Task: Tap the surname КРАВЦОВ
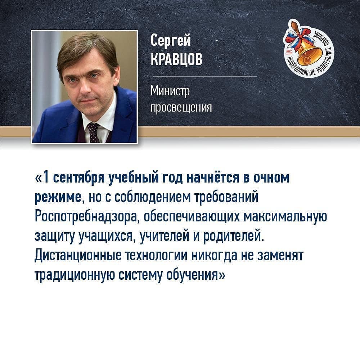click(x=176, y=59)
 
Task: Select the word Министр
click(x=170, y=91)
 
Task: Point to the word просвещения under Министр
click(x=181, y=107)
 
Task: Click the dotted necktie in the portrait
click(x=94, y=132)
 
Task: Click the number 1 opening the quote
click(x=46, y=177)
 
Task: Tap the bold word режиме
click(x=58, y=198)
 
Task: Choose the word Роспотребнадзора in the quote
click(x=87, y=217)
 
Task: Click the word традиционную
click(x=75, y=275)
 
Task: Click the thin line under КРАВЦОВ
click(x=205, y=76)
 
